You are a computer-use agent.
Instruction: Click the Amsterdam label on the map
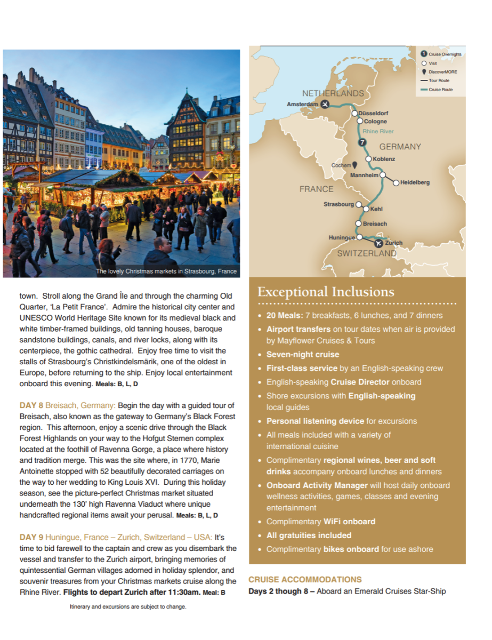point(302,104)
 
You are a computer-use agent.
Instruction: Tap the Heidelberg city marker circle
point(396,183)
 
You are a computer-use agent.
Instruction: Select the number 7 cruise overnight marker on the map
point(362,142)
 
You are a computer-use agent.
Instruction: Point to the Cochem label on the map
point(342,165)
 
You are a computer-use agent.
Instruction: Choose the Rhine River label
point(378,131)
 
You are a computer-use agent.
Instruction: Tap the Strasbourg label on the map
point(338,204)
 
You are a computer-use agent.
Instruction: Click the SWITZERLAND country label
point(367,254)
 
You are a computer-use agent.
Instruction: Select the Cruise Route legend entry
point(440,90)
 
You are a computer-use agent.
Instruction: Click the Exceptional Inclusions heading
point(326,292)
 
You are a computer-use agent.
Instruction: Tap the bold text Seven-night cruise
point(303,354)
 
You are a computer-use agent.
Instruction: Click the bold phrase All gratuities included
point(309,535)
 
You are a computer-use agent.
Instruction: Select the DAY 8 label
point(31,405)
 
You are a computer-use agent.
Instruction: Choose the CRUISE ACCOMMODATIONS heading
point(305,579)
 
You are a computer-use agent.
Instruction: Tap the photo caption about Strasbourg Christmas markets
point(166,271)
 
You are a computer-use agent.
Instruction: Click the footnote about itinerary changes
point(127,606)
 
